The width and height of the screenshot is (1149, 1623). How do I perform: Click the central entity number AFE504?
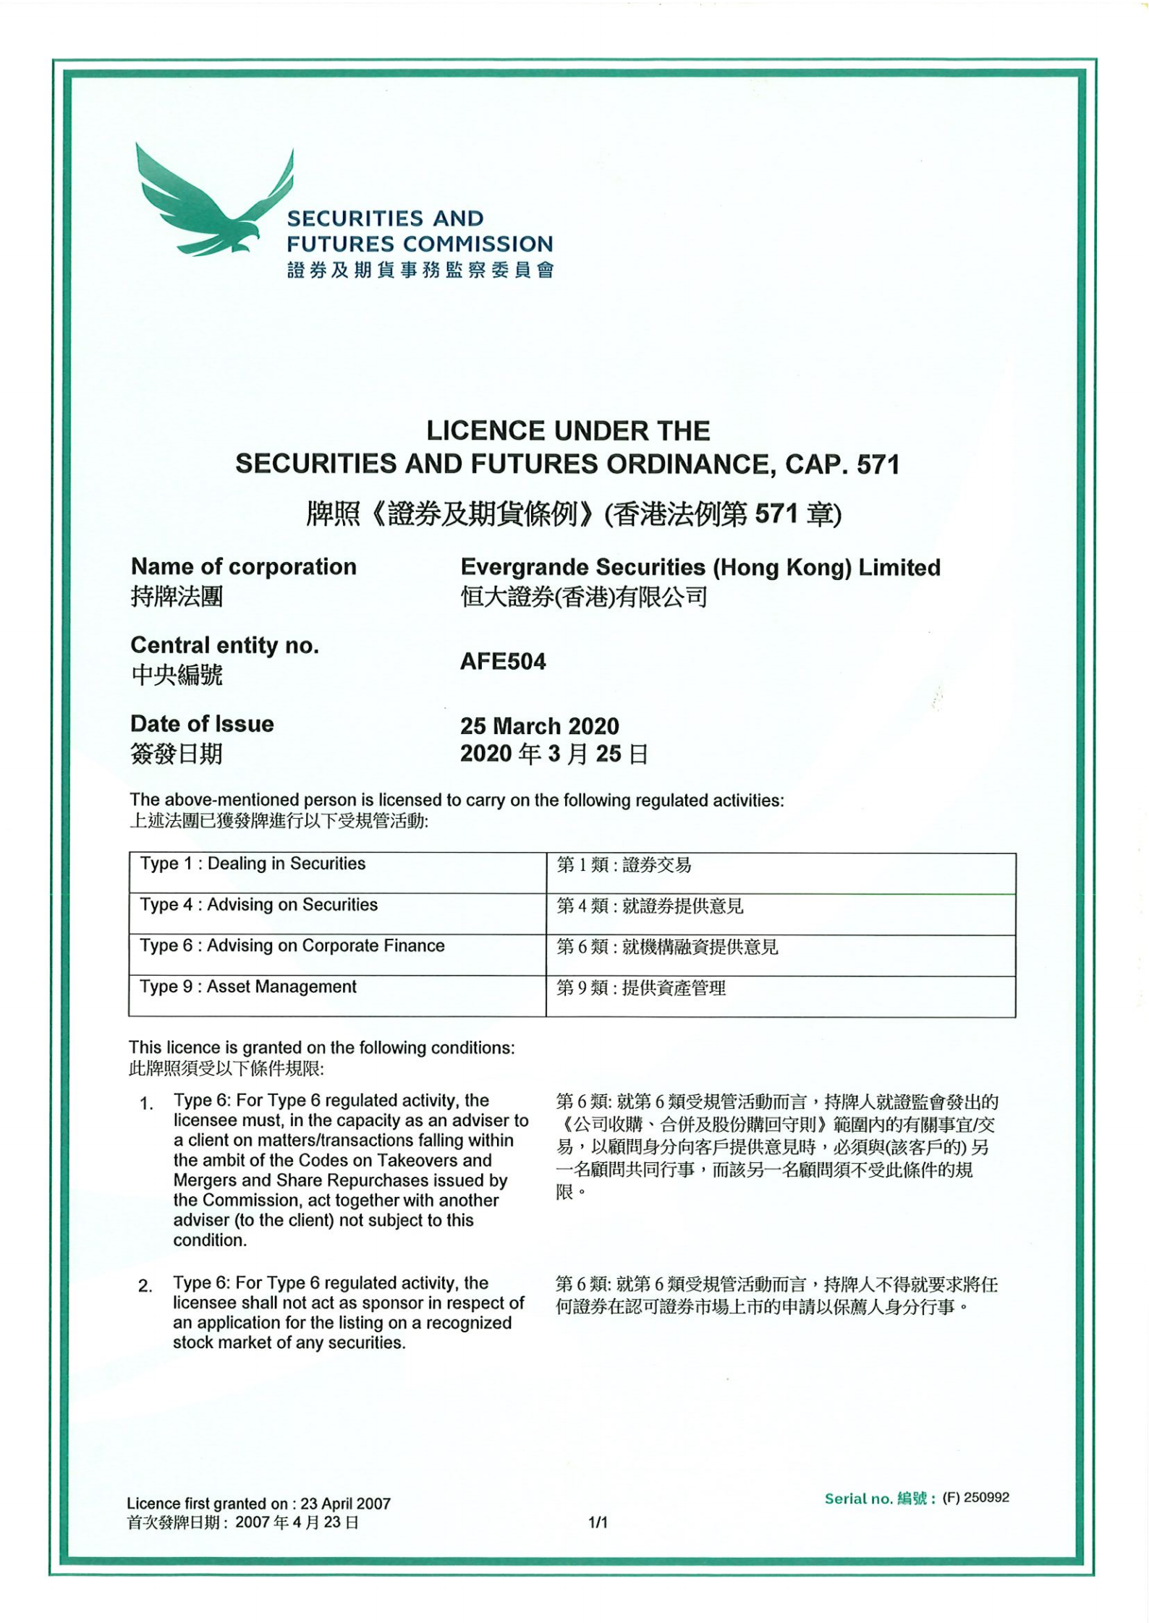click(503, 662)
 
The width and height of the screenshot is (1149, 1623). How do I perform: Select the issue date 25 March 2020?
click(539, 725)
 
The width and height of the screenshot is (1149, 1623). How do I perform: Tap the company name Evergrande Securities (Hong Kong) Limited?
click(700, 567)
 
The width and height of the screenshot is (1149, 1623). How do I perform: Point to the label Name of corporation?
click(243, 566)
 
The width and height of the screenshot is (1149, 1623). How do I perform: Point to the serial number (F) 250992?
click(975, 1497)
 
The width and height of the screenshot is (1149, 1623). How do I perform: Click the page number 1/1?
click(598, 1522)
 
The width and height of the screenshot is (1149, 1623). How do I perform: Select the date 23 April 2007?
click(345, 1504)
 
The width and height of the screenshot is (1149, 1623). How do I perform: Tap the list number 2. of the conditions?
click(145, 1286)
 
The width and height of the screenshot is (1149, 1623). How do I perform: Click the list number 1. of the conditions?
click(146, 1104)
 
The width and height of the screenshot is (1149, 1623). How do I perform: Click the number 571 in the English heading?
click(878, 464)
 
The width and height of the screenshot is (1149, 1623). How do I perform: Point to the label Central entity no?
click(224, 645)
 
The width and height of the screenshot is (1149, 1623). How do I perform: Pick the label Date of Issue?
click(202, 724)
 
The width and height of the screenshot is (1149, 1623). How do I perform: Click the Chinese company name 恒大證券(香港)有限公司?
click(583, 597)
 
